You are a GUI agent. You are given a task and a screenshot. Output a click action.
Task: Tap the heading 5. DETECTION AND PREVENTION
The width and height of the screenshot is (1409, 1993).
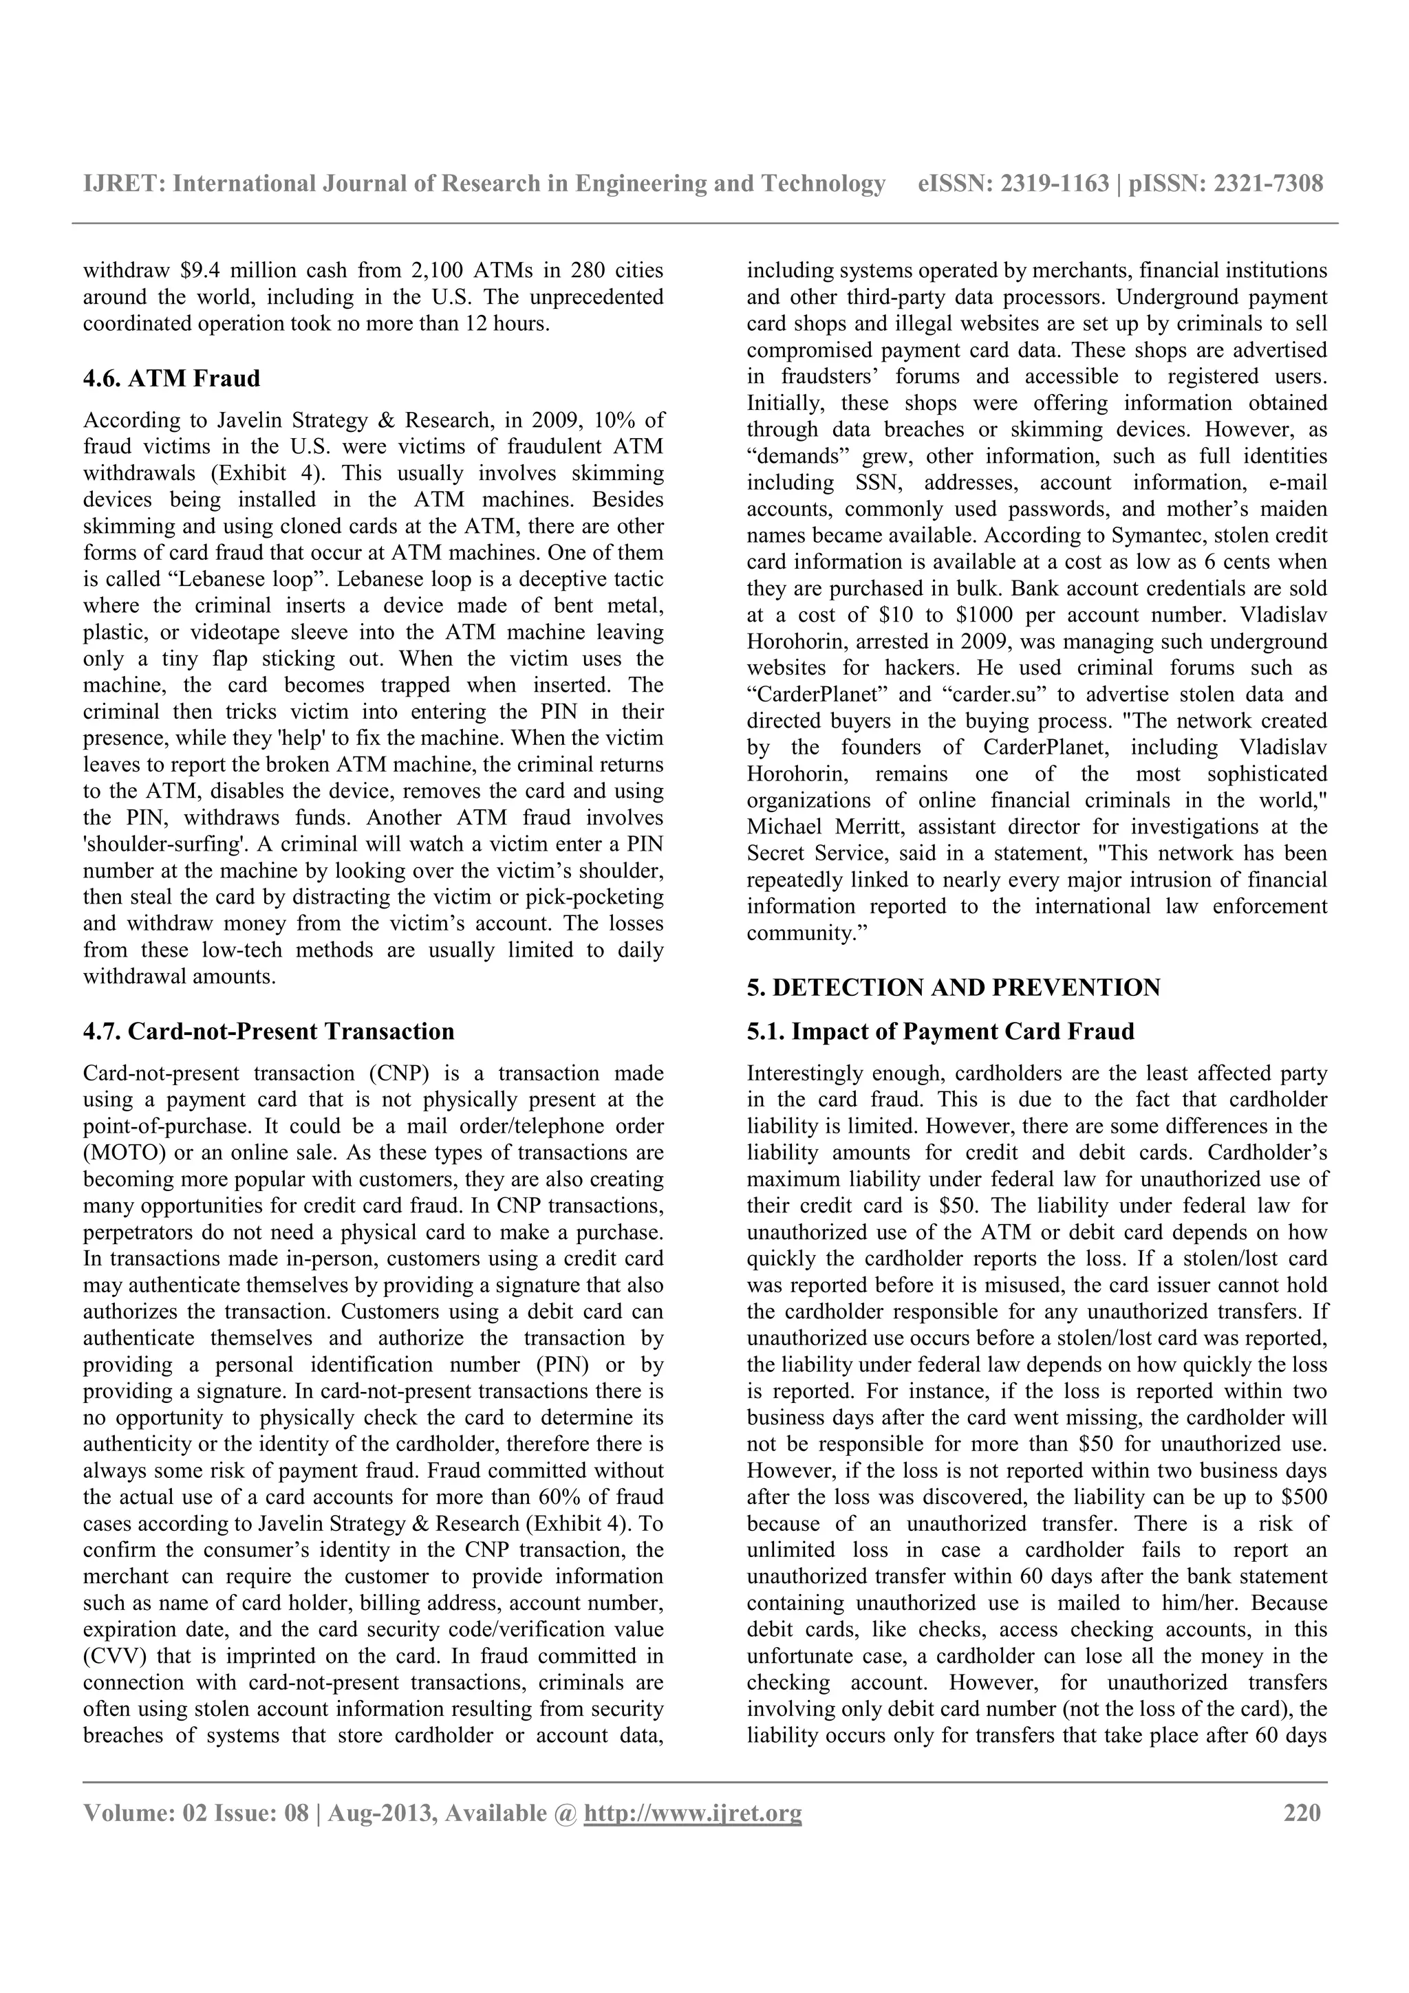click(x=954, y=988)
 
